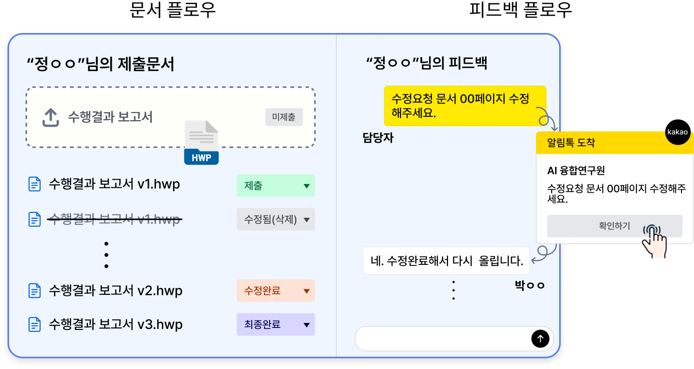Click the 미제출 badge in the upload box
284,118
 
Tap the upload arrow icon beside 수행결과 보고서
50,118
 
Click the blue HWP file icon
201,143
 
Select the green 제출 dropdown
276,186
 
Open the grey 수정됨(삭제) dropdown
276,219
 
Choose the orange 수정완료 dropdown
276,291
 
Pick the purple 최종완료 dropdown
276,324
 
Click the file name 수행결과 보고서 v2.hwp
115,290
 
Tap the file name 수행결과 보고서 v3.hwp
115,324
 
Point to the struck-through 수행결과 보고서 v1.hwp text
114,219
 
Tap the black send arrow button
540,339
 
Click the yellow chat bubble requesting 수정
465,106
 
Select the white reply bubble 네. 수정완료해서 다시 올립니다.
446,260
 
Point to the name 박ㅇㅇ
529,286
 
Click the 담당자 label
378,138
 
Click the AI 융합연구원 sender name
576,171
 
